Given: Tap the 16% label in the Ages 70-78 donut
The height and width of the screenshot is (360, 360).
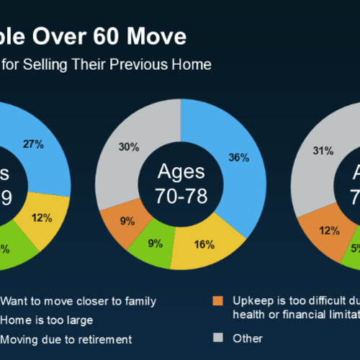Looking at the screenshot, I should click(x=204, y=245).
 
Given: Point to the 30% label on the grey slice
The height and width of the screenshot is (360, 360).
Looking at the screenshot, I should click(x=129, y=148).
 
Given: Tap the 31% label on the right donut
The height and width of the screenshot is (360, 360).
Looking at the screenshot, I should click(x=323, y=150).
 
